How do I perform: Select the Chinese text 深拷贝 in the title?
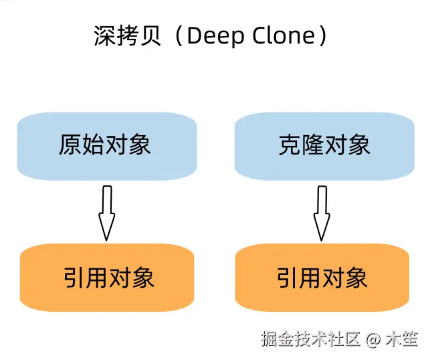coord(128,36)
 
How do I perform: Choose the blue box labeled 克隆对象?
coord(324,146)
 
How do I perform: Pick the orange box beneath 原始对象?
coord(108,277)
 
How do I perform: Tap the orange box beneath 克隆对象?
coord(322,277)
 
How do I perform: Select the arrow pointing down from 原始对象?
coord(106,212)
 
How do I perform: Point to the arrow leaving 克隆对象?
coord(322,212)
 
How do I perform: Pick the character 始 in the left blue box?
coord(94,146)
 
